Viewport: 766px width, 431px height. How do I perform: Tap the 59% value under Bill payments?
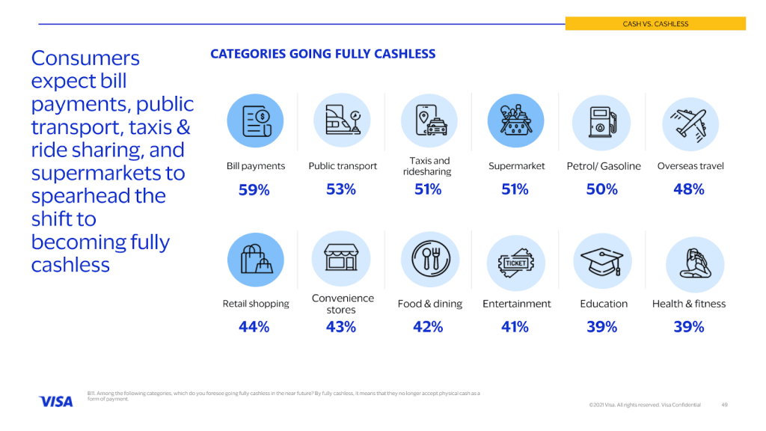point(254,190)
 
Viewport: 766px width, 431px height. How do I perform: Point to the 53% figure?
point(340,190)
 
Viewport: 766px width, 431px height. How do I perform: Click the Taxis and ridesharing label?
point(429,166)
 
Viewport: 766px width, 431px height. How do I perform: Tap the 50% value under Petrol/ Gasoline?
point(601,190)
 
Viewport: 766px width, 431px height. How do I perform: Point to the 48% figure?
point(689,190)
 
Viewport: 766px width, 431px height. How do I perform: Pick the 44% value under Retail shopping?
point(254,327)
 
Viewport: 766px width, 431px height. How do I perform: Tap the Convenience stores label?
point(341,304)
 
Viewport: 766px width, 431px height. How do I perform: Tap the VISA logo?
point(56,402)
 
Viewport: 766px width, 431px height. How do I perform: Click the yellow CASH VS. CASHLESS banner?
point(655,24)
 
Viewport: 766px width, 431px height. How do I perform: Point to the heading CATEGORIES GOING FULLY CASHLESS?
point(322,54)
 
